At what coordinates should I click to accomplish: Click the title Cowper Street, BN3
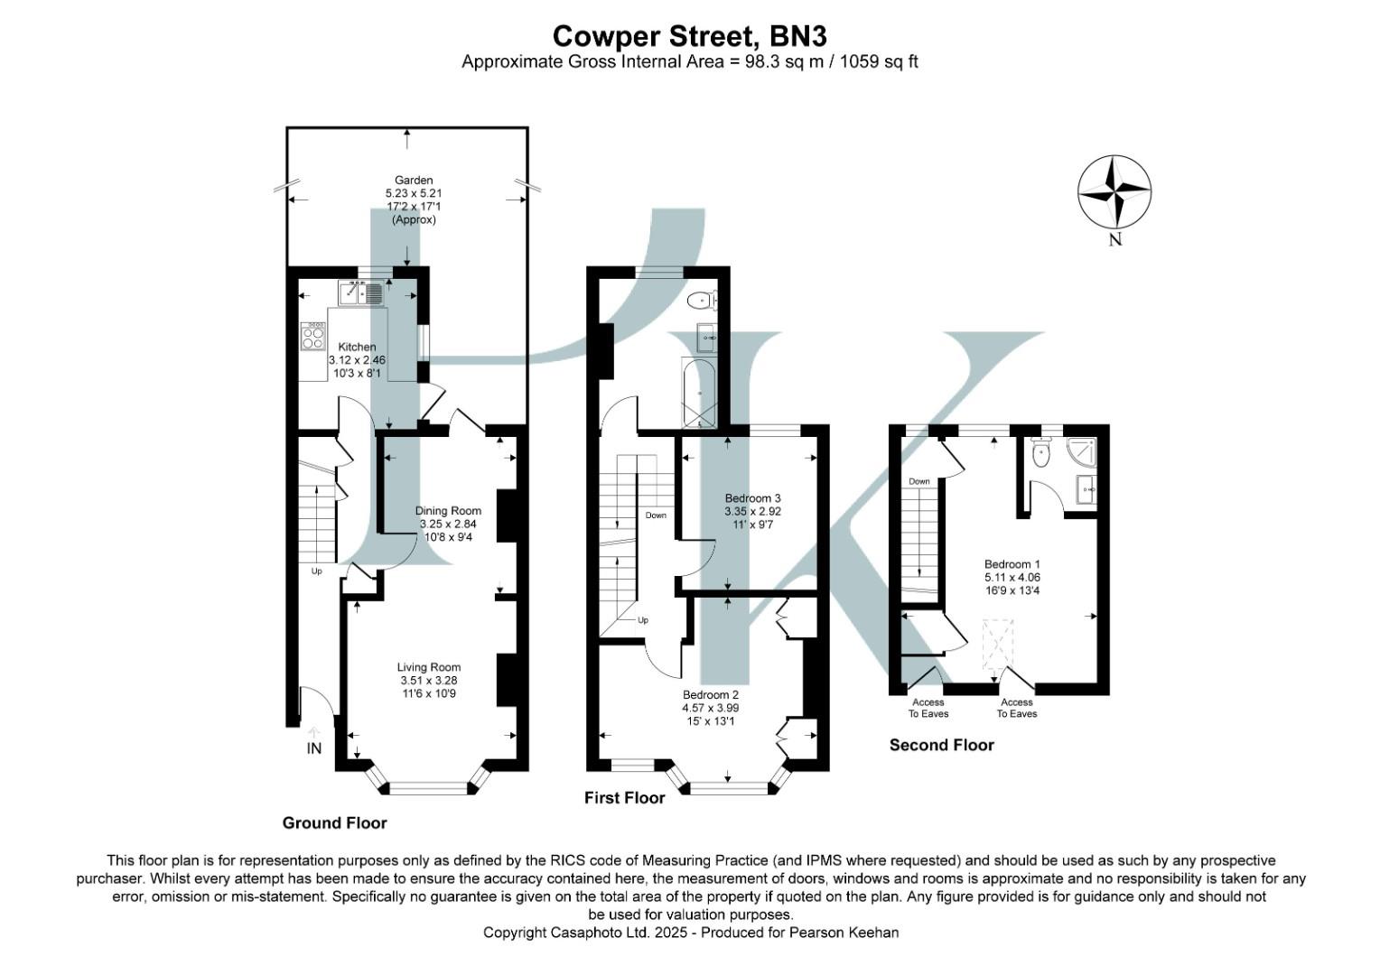click(x=689, y=36)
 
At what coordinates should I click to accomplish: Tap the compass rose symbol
click(x=1114, y=192)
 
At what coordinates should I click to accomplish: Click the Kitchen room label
click(x=357, y=347)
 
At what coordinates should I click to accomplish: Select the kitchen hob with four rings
click(x=313, y=338)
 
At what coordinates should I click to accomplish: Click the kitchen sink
click(x=361, y=292)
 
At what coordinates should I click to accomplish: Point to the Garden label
click(x=414, y=181)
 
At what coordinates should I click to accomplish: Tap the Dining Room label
click(x=448, y=511)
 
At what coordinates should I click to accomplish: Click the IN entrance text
click(x=313, y=748)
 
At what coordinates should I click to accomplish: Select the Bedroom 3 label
click(x=752, y=498)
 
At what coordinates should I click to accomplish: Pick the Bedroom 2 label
click(x=711, y=695)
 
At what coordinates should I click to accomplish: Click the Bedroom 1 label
click(x=1012, y=564)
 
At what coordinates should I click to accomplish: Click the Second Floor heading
click(x=941, y=745)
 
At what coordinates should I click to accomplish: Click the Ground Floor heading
click(x=334, y=822)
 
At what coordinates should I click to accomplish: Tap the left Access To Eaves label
click(x=928, y=708)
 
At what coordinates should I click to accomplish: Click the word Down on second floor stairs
click(x=919, y=481)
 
